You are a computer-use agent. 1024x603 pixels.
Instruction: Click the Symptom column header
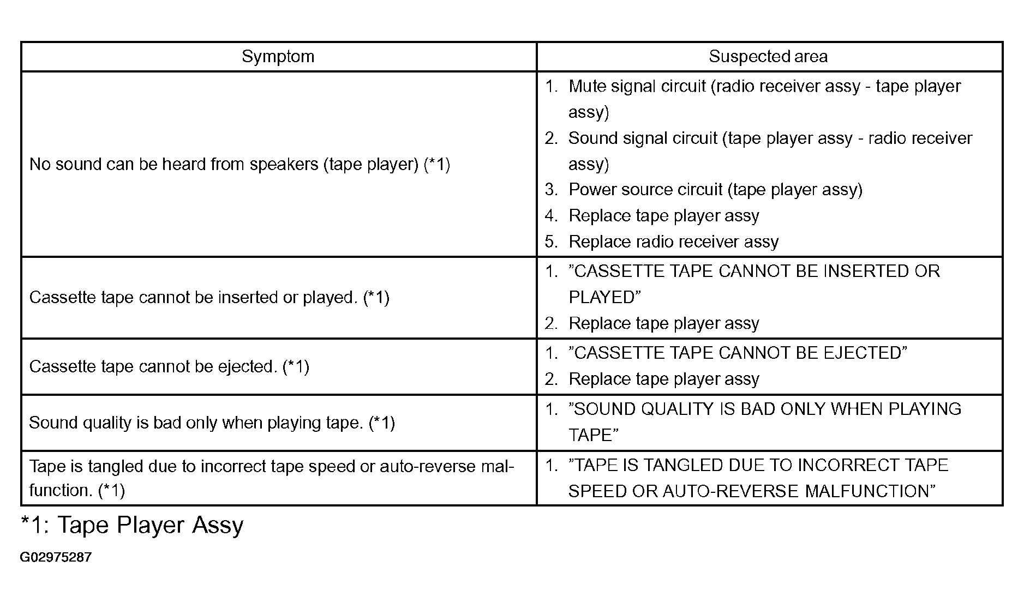tap(278, 57)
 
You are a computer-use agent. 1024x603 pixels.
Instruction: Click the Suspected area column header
tap(768, 56)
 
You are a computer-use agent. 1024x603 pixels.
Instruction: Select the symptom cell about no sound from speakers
tap(239, 164)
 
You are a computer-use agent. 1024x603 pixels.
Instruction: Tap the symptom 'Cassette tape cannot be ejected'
tap(169, 366)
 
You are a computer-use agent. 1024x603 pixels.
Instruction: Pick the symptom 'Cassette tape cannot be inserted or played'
tap(209, 297)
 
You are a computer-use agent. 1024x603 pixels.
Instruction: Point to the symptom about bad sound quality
tap(212, 423)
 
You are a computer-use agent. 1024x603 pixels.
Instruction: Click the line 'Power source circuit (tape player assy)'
tap(715, 190)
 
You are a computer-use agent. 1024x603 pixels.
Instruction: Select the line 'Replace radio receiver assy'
tap(673, 242)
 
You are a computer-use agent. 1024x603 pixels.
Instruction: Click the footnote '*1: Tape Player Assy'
tap(132, 525)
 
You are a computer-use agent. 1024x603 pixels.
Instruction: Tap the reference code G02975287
tap(56, 557)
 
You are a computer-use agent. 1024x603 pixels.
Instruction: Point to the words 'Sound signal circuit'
tap(643, 138)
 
